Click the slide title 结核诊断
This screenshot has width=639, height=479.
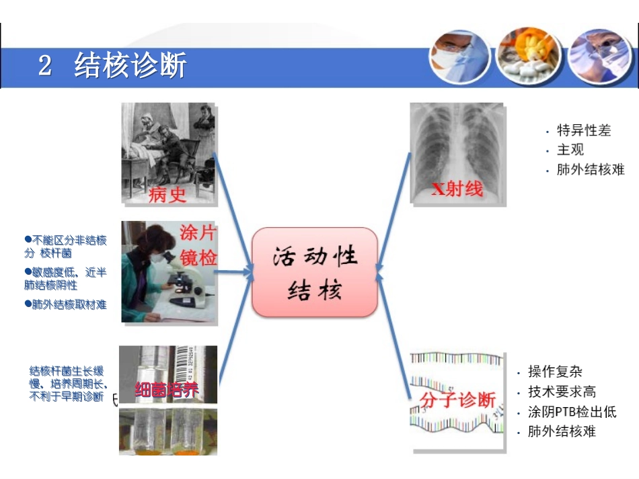click(130, 67)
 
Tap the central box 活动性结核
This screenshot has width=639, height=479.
click(315, 272)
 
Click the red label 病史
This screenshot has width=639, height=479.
click(167, 193)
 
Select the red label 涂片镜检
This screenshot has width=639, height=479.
click(198, 245)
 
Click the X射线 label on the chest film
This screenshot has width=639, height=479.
click(457, 189)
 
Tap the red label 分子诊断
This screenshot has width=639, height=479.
click(457, 400)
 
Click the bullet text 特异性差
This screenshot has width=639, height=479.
click(584, 130)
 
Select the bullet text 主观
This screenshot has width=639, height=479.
click(570, 150)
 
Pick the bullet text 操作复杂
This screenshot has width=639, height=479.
click(555, 372)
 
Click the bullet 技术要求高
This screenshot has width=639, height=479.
click(562, 392)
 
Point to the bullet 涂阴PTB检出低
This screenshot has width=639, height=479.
click(572, 412)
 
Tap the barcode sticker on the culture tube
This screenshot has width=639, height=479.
click(191, 366)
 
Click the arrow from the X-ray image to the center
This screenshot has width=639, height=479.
click(393, 208)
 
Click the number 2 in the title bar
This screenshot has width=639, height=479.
click(45, 67)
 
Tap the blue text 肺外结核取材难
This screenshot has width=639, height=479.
click(69, 304)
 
